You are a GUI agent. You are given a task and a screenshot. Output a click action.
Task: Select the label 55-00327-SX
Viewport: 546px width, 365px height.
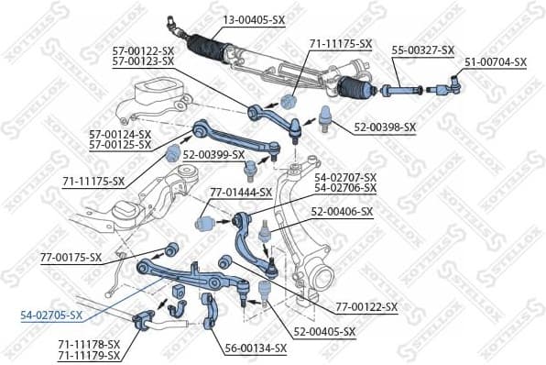click(423, 50)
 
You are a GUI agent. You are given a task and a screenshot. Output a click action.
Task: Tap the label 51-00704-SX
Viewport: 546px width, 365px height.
click(496, 62)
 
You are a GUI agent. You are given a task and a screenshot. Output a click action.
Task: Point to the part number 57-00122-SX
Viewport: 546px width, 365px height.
click(142, 50)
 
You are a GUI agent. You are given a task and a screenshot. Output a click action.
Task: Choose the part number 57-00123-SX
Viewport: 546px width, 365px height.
click(142, 61)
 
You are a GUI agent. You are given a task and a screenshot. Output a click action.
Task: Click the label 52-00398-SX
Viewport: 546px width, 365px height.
click(384, 127)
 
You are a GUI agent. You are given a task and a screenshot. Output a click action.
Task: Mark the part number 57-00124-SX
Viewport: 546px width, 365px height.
click(120, 134)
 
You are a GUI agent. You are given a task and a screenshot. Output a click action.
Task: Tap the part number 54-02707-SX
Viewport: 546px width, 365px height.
click(345, 176)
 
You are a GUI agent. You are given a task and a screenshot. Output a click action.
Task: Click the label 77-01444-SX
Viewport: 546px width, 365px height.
click(241, 193)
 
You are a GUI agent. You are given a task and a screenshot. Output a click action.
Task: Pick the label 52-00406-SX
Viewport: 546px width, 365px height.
click(342, 212)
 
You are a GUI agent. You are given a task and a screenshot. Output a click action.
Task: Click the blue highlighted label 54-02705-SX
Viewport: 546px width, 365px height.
click(51, 315)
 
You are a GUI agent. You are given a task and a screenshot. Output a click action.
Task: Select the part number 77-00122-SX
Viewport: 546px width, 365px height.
click(366, 307)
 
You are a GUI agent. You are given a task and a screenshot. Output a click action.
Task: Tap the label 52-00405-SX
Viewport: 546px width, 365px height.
click(324, 330)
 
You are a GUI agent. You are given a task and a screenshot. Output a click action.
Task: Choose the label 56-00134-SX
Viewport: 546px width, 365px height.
click(256, 348)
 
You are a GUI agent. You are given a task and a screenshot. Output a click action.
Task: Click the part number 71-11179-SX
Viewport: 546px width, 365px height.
click(88, 354)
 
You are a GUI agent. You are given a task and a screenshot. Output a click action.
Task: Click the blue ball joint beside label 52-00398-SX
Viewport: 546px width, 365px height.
click(323, 116)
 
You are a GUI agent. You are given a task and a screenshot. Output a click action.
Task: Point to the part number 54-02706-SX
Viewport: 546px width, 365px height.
click(345, 187)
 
